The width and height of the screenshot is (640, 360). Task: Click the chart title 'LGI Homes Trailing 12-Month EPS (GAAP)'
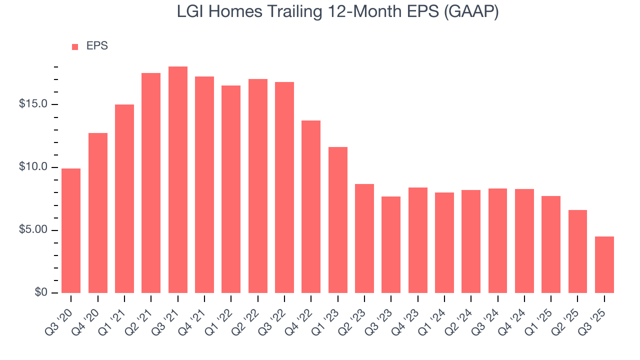point(337,12)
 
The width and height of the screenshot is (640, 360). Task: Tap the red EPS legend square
point(75,46)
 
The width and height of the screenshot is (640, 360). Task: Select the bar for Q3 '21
point(177,180)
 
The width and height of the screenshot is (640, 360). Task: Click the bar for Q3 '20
point(71,230)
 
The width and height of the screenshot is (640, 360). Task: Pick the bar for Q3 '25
point(604,264)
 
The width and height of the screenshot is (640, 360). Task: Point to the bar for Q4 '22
point(311,206)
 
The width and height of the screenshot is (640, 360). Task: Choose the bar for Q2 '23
point(364,238)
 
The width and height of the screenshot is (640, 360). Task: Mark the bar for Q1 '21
point(124,198)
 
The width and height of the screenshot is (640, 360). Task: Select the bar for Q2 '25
point(577,251)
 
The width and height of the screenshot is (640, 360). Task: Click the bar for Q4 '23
point(417,240)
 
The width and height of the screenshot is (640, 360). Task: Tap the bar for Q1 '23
point(337,220)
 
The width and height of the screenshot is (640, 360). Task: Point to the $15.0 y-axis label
point(34,104)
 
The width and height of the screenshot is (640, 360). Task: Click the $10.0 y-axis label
point(34,167)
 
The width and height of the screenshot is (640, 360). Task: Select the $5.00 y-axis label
point(34,230)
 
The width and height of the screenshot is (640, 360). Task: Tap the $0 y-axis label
point(41,293)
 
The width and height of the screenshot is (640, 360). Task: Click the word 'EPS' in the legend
point(97,46)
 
